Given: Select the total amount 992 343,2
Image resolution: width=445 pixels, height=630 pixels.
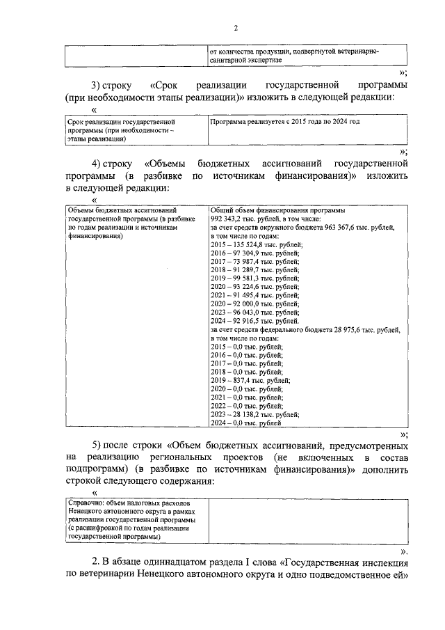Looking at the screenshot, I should pos(227,218).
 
